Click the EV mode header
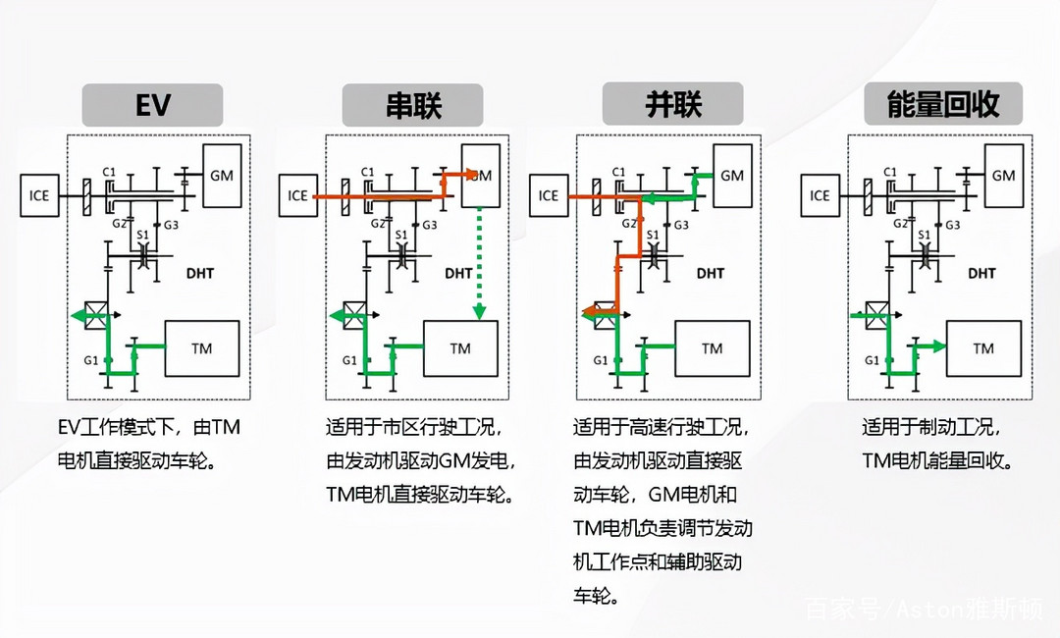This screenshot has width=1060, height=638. click(x=152, y=105)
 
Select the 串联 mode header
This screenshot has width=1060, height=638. click(x=412, y=105)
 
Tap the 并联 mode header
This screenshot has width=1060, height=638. click(x=672, y=103)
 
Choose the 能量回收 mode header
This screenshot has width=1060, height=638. click(x=943, y=103)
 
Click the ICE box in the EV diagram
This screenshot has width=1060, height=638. click(x=39, y=195)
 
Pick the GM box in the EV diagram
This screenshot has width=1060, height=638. click(x=223, y=176)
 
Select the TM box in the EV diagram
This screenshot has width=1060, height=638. click(x=202, y=348)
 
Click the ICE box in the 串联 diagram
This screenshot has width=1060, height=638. click(x=298, y=195)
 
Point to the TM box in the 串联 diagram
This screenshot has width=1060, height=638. click(x=460, y=348)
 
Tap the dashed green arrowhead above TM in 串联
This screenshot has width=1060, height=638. click(x=479, y=311)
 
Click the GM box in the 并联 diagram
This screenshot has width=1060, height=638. click(x=733, y=176)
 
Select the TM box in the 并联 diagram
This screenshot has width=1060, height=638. click(x=713, y=348)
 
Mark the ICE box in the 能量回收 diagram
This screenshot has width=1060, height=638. click(x=820, y=195)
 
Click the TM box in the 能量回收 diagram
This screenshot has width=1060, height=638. click(x=983, y=348)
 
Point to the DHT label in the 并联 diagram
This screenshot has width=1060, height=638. click(x=710, y=273)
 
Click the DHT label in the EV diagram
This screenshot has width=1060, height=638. click(x=200, y=273)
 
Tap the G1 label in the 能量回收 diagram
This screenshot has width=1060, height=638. click(x=873, y=360)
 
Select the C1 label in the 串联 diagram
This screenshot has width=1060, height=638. click(x=367, y=172)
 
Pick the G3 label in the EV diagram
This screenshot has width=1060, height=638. click(x=171, y=225)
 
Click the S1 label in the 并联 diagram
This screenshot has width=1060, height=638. click(x=653, y=235)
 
